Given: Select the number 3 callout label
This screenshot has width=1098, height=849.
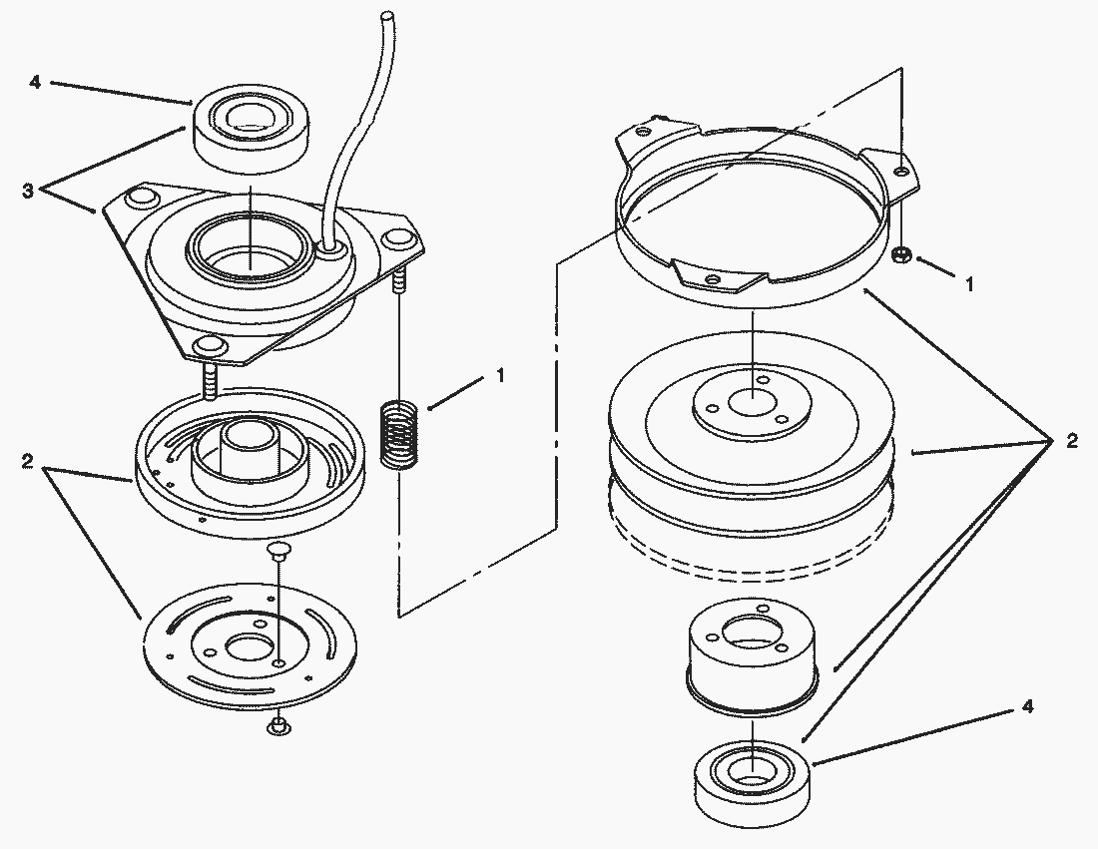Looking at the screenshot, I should click(29, 191).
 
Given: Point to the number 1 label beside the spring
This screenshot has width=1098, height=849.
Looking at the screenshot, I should click(500, 376).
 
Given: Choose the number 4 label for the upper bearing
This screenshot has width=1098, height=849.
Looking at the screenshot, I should click(35, 82).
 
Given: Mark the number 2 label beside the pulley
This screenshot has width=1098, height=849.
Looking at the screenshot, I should click(1071, 442).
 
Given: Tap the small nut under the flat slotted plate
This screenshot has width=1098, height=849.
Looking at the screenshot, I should click(276, 726).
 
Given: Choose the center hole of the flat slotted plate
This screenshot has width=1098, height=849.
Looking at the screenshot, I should click(245, 647).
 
